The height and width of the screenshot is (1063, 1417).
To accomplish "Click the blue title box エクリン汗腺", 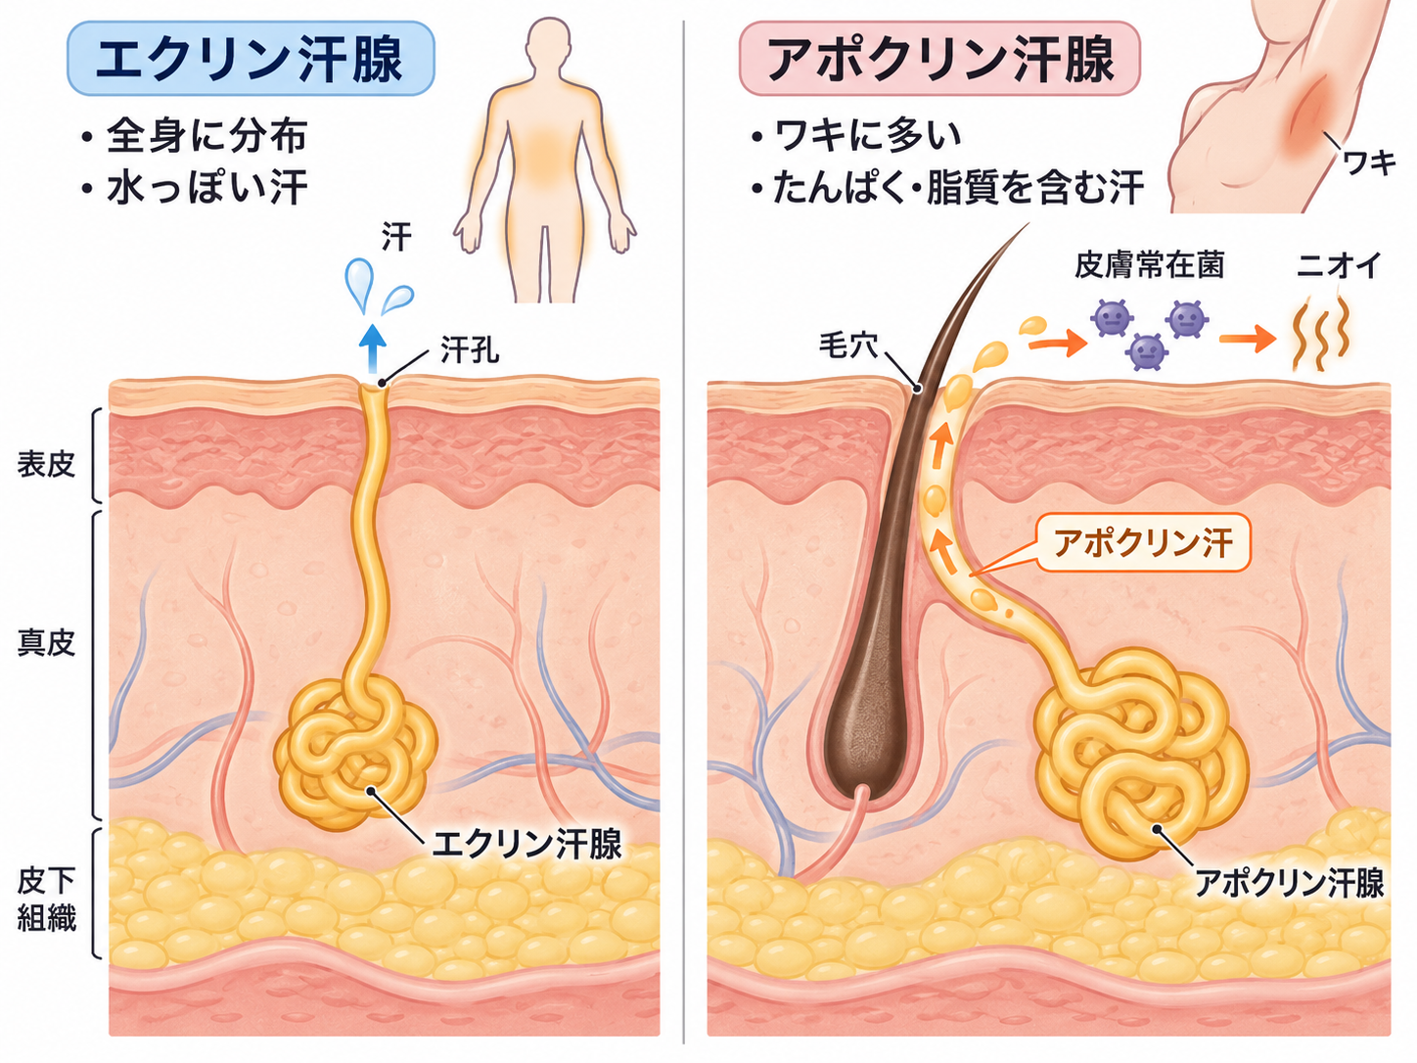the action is coord(251,58).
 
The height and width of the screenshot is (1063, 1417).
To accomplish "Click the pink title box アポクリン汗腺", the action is coord(939,58).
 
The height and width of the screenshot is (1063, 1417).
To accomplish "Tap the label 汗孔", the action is coord(470,350).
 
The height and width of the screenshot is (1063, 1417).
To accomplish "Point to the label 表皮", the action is coord(46,464).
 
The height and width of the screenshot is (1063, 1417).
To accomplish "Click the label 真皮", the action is coord(46,643).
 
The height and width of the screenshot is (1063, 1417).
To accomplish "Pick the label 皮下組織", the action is coord(46,900).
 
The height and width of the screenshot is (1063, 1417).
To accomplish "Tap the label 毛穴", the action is coord(848,346).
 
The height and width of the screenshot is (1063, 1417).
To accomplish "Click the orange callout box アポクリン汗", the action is coord(1143,543).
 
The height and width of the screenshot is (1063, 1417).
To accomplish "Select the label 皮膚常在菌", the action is coord(1149,264).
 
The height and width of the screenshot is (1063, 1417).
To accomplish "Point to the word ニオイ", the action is coord(1340,264).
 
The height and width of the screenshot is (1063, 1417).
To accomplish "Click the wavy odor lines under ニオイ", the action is coord(1321,333).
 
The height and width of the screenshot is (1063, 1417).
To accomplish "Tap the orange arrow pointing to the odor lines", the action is coord(1248,339).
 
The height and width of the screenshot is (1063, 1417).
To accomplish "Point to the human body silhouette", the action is coord(544,162).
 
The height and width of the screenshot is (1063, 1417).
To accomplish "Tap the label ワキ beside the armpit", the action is coord(1369,162).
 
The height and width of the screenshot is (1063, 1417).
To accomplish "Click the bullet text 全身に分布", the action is coord(206,136).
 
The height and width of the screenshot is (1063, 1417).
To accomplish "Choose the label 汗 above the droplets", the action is coord(395,237).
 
